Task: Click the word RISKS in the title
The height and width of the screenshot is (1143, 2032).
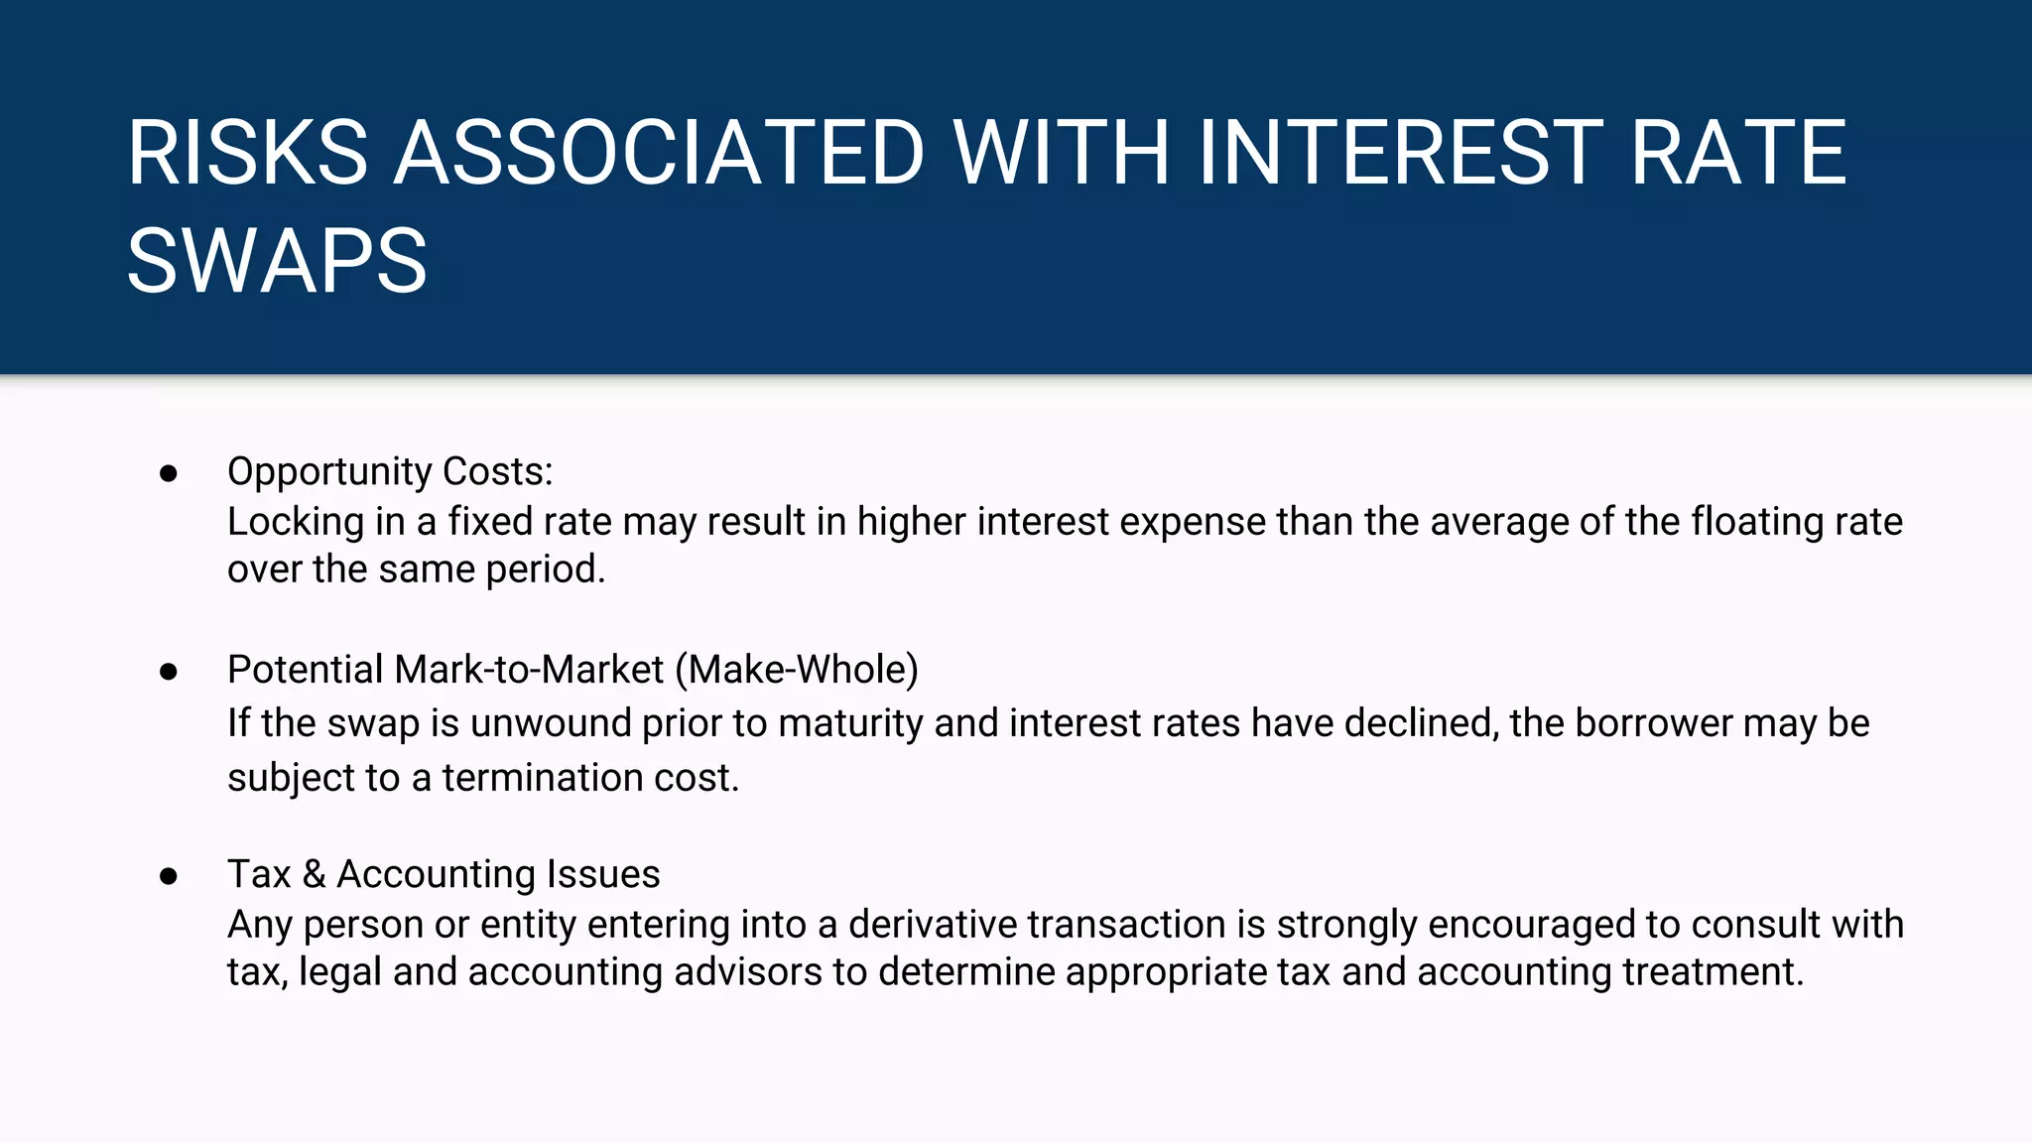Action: [247, 153]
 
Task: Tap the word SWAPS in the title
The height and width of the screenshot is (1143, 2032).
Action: [277, 261]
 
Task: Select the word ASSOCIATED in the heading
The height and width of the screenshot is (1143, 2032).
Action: [660, 153]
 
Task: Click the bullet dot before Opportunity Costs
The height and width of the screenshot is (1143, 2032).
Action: [169, 473]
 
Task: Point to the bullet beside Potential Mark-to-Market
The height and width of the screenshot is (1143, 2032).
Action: [169, 672]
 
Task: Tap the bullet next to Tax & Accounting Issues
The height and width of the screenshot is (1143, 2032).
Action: [169, 876]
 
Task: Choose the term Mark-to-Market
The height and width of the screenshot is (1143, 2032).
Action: [529, 670]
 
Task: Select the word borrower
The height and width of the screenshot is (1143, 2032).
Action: [1653, 723]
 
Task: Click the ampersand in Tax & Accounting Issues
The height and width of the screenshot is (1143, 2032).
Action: [314, 874]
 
